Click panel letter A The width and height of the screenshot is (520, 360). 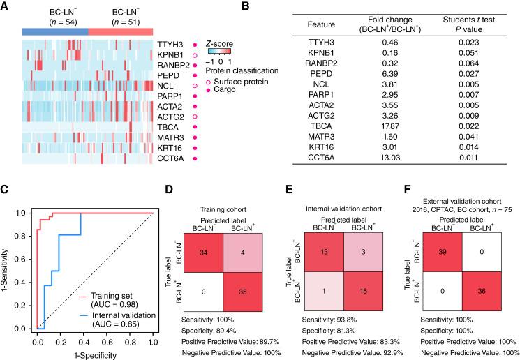pyautogui.click(x=6, y=6)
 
